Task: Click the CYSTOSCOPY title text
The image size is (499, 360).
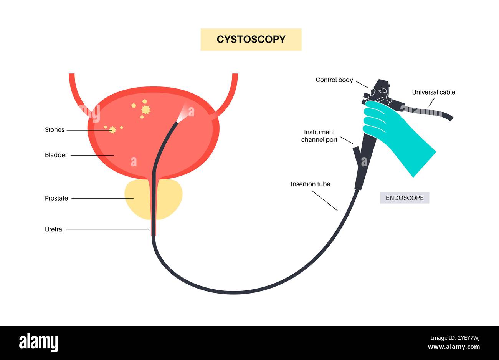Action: [251, 40]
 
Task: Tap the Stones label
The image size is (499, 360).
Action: [55, 130]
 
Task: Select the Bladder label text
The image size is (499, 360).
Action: [56, 155]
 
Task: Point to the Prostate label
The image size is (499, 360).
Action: [56, 199]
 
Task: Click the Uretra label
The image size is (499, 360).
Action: [53, 229]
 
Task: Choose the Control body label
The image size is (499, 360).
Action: [334, 80]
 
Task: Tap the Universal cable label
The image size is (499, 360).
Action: [433, 92]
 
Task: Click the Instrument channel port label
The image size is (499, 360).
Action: [319, 136]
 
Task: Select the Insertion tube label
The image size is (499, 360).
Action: [310, 184]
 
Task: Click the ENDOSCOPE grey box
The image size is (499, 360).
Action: [405, 198]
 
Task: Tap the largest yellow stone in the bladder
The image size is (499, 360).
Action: [145, 110]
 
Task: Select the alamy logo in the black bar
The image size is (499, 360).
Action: [38, 342]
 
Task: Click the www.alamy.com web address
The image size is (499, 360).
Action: [454, 347]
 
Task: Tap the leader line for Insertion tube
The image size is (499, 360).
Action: [324, 201]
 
